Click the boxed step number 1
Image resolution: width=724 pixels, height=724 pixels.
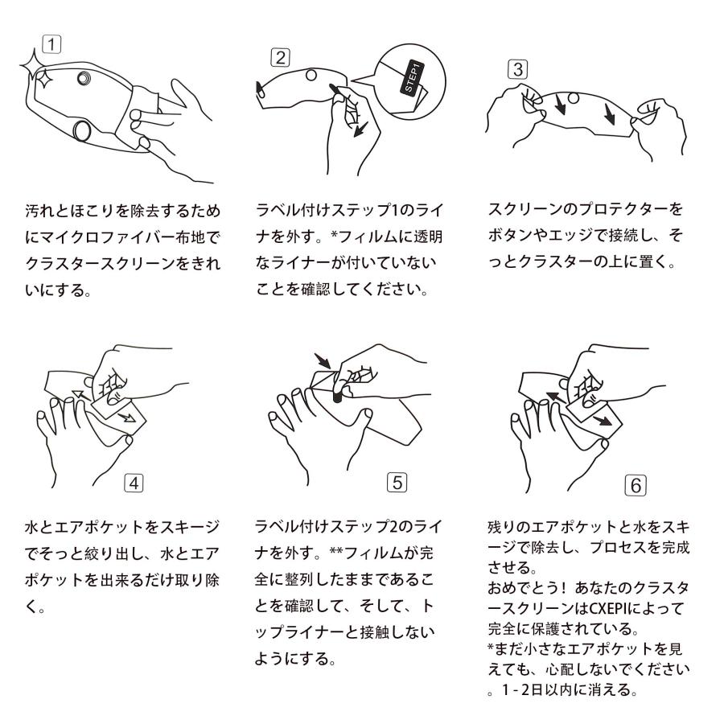[x=51, y=44]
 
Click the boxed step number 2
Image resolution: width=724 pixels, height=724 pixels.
[x=280, y=58]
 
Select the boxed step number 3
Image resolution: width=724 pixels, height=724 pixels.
[x=517, y=70]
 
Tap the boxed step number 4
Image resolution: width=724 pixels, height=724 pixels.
[x=134, y=483]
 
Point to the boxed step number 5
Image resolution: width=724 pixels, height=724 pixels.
[x=397, y=483]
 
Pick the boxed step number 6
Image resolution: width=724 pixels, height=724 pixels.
[x=636, y=485]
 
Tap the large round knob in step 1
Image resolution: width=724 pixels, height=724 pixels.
[x=82, y=130]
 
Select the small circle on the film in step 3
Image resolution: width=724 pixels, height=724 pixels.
[x=573, y=98]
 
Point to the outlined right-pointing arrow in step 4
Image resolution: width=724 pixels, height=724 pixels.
[x=126, y=418]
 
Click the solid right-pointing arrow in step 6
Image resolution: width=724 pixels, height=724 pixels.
[x=602, y=421]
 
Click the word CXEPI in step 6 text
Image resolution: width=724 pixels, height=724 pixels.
[x=607, y=608]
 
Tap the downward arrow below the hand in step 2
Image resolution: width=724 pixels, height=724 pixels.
[x=360, y=130]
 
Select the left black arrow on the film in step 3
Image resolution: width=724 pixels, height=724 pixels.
[x=560, y=105]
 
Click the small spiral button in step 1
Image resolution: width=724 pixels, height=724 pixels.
[x=84, y=79]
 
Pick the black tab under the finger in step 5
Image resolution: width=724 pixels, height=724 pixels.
[x=336, y=396]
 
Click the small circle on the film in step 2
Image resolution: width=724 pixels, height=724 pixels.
[x=311, y=76]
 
